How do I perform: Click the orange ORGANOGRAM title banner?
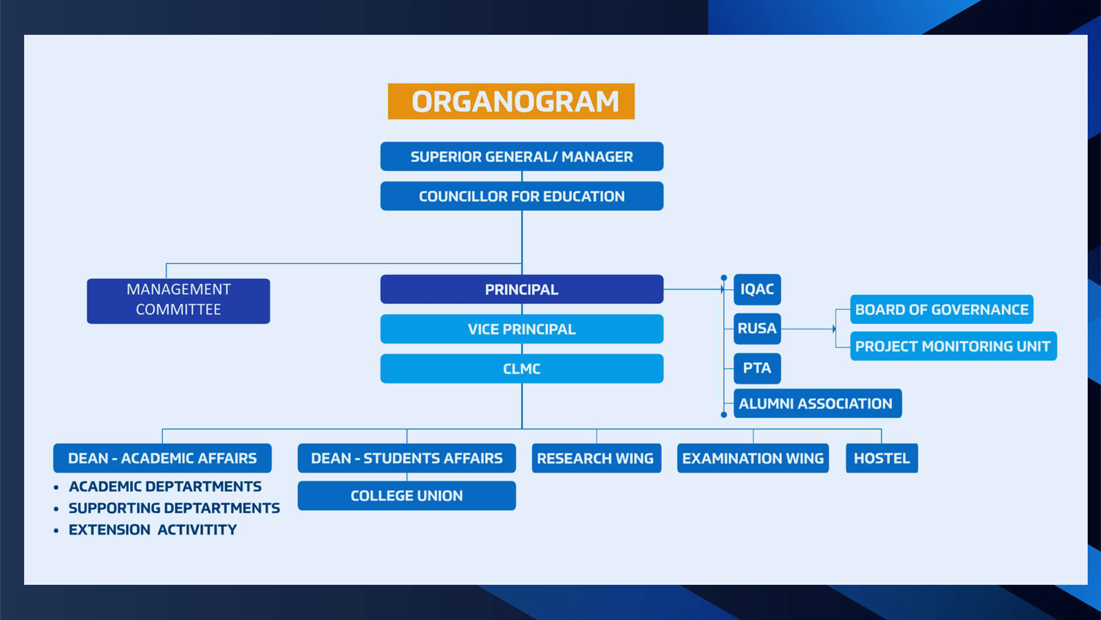click(511, 101)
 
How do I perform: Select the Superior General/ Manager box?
click(522, 156)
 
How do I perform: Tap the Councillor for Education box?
click(522, 196)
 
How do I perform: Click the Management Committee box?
click(178, 301)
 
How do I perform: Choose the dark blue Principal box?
click(522, 289)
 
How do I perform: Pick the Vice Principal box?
click(522, 329)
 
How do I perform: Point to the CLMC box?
click(522, 369)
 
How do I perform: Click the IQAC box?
click(758, 289)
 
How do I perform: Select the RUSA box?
click(758, 329)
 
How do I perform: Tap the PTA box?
click(758, 368)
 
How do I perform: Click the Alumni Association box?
click(818, 404)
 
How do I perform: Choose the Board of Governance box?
click(942, 309)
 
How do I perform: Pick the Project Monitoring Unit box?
click(954, 347)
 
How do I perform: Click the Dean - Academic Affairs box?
click(162, 458)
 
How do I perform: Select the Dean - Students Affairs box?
click(407, 458)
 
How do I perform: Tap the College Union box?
click(407, 495)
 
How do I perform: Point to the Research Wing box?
click(597, 458)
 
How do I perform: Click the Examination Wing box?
click(753, 458)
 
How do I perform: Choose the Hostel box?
click(881, 458)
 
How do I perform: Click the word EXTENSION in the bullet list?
click(109, 530)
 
